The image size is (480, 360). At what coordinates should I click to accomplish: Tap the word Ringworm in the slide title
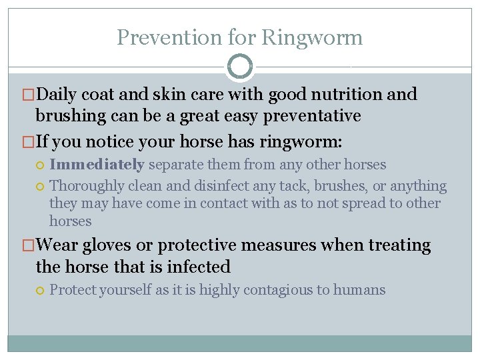312,37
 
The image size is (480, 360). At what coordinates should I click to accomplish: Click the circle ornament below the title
240,67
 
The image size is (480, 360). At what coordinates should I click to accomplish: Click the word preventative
312,116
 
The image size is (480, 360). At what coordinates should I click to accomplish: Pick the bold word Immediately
97,164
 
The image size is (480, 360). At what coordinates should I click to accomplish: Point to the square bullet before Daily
29,95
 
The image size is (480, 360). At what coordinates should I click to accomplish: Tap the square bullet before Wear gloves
29,246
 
